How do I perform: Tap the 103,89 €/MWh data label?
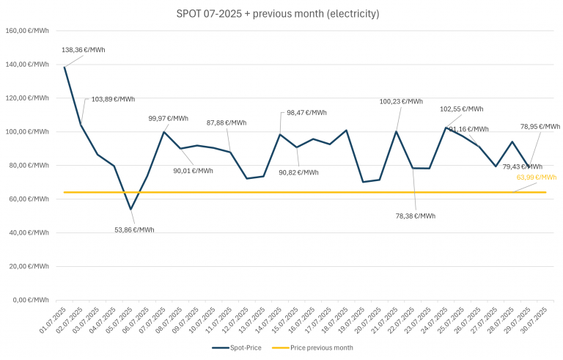tap(113, 99)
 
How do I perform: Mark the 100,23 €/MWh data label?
tap(402, 101)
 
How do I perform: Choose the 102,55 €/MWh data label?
tap(462, 109)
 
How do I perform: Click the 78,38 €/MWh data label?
tap(414, 216)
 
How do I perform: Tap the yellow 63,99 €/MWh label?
tap(537, 177)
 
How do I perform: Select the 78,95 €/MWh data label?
tap(540, 126)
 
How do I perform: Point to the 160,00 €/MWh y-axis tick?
tap(26, 31)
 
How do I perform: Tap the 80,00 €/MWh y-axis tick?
tap(29, 166)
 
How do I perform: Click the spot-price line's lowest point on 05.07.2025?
tap(130, 209)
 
